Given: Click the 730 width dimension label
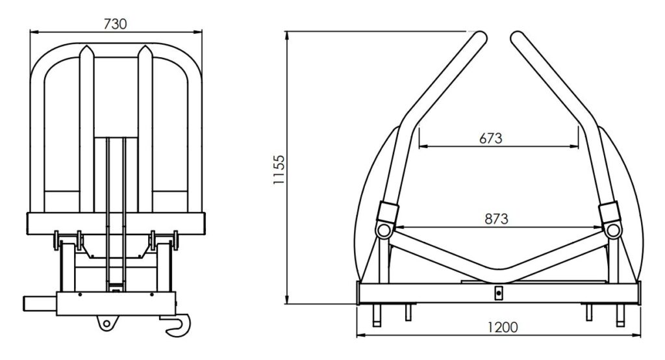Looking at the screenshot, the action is coord(115,24).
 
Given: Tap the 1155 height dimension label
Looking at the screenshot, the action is coord(279,170).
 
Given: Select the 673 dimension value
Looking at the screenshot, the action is coord(491,138).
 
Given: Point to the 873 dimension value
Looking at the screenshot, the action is coord(496,218).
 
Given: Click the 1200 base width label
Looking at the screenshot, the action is coord(503,328).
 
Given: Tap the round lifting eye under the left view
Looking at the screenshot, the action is coord(107,324).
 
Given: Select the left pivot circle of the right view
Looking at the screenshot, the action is coord(384,231).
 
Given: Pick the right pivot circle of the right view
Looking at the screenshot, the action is coord(612,231).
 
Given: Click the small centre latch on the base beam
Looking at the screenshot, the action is coord(499,292).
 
